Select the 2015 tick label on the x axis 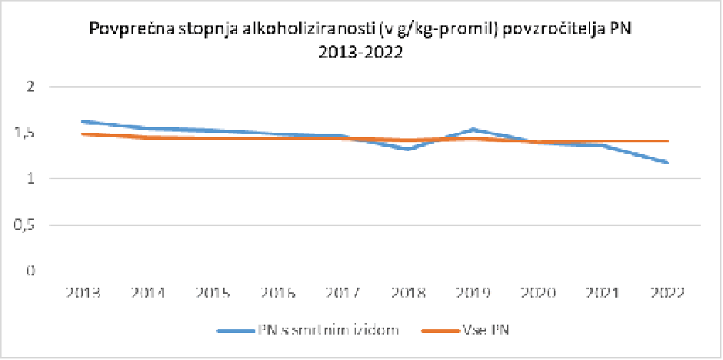tap(212, 293)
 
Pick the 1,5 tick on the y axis tap(28, 133)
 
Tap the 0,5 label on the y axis tap(28, 225)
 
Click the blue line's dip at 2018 tap(407, 148)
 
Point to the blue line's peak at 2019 tap(472, 129)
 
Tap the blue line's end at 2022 tap(667, 162)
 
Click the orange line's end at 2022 tap(667, 142)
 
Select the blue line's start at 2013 tap(83, 122)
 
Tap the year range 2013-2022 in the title tap(365, 54)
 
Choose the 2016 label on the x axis tap(277, 293)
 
